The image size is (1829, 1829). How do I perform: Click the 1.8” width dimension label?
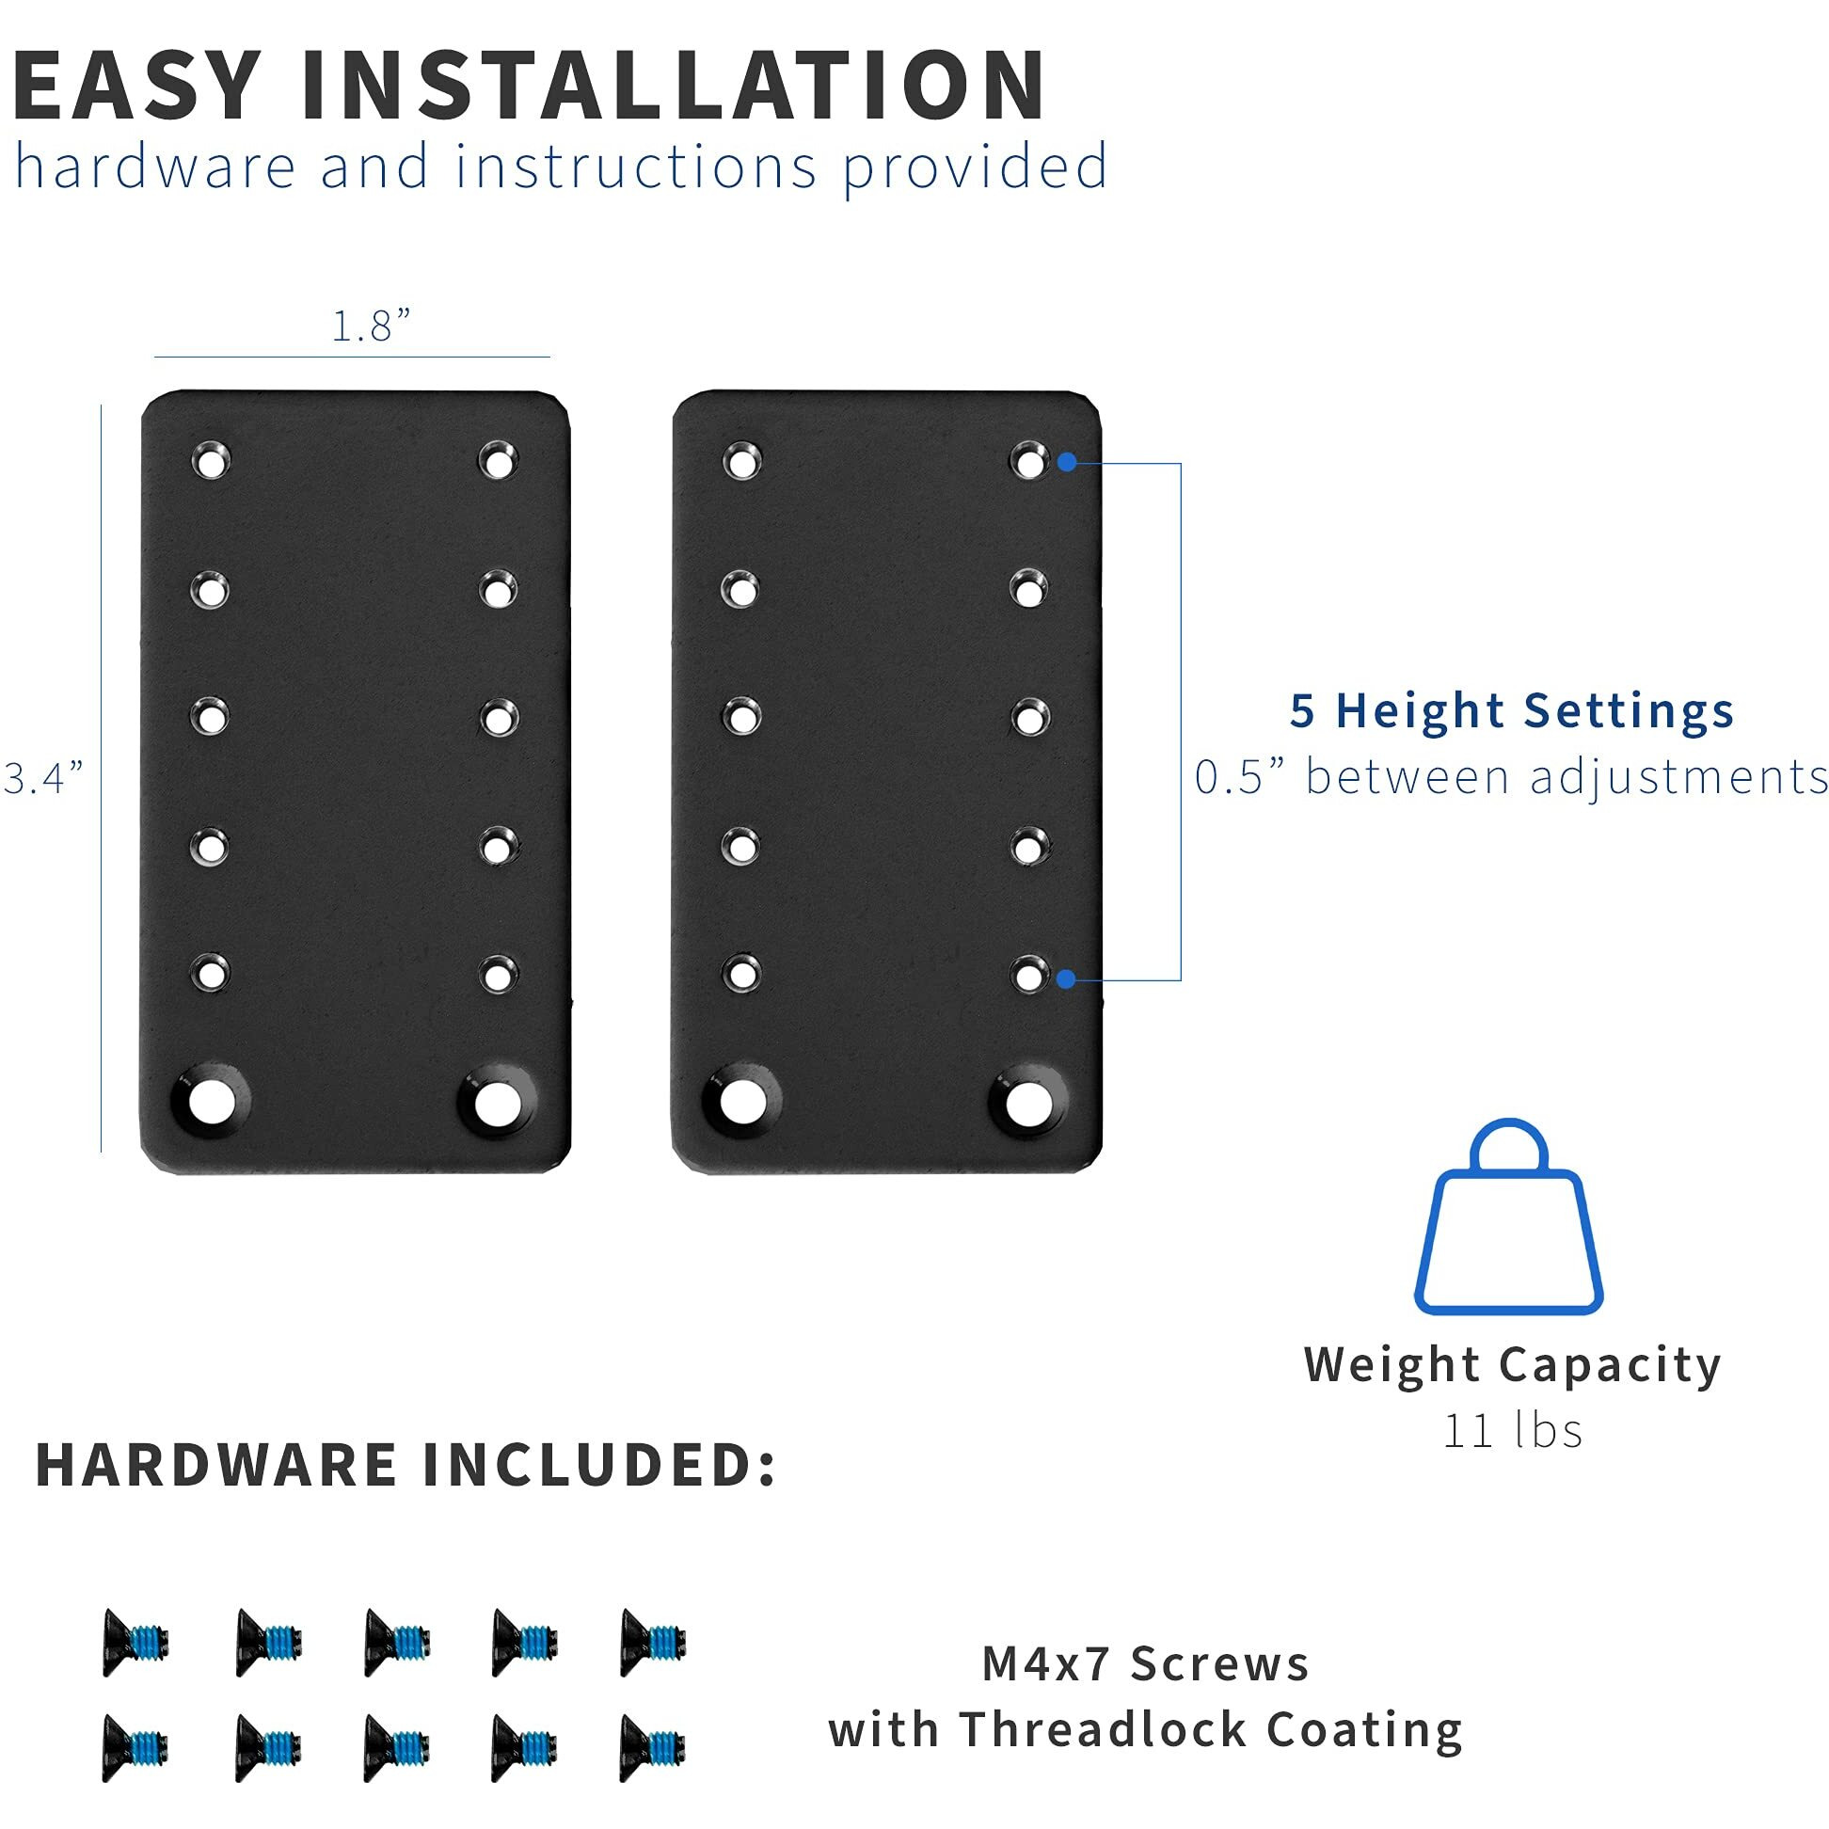[370, 326]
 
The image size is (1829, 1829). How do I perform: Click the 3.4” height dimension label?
[43, 778]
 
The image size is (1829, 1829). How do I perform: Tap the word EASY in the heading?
[137, 87]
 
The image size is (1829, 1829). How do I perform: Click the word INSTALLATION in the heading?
[672, 87]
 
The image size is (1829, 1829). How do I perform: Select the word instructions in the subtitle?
[635, 167]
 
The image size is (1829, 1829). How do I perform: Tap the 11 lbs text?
[1512, 1430]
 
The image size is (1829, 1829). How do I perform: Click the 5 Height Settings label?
[1511, 710]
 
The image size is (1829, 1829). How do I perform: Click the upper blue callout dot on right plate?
[1067, 462]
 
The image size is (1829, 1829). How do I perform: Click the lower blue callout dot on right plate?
[1066, 978]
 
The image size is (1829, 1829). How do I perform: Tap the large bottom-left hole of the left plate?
[212, 1101]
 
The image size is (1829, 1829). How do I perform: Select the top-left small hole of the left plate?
[210, 461]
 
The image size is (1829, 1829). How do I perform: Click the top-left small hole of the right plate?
[741, 461]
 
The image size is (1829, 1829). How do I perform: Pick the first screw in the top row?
[135, 1643]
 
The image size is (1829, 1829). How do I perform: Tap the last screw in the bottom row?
[652, 1747]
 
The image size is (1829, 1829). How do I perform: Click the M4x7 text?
[1045, 1664]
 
